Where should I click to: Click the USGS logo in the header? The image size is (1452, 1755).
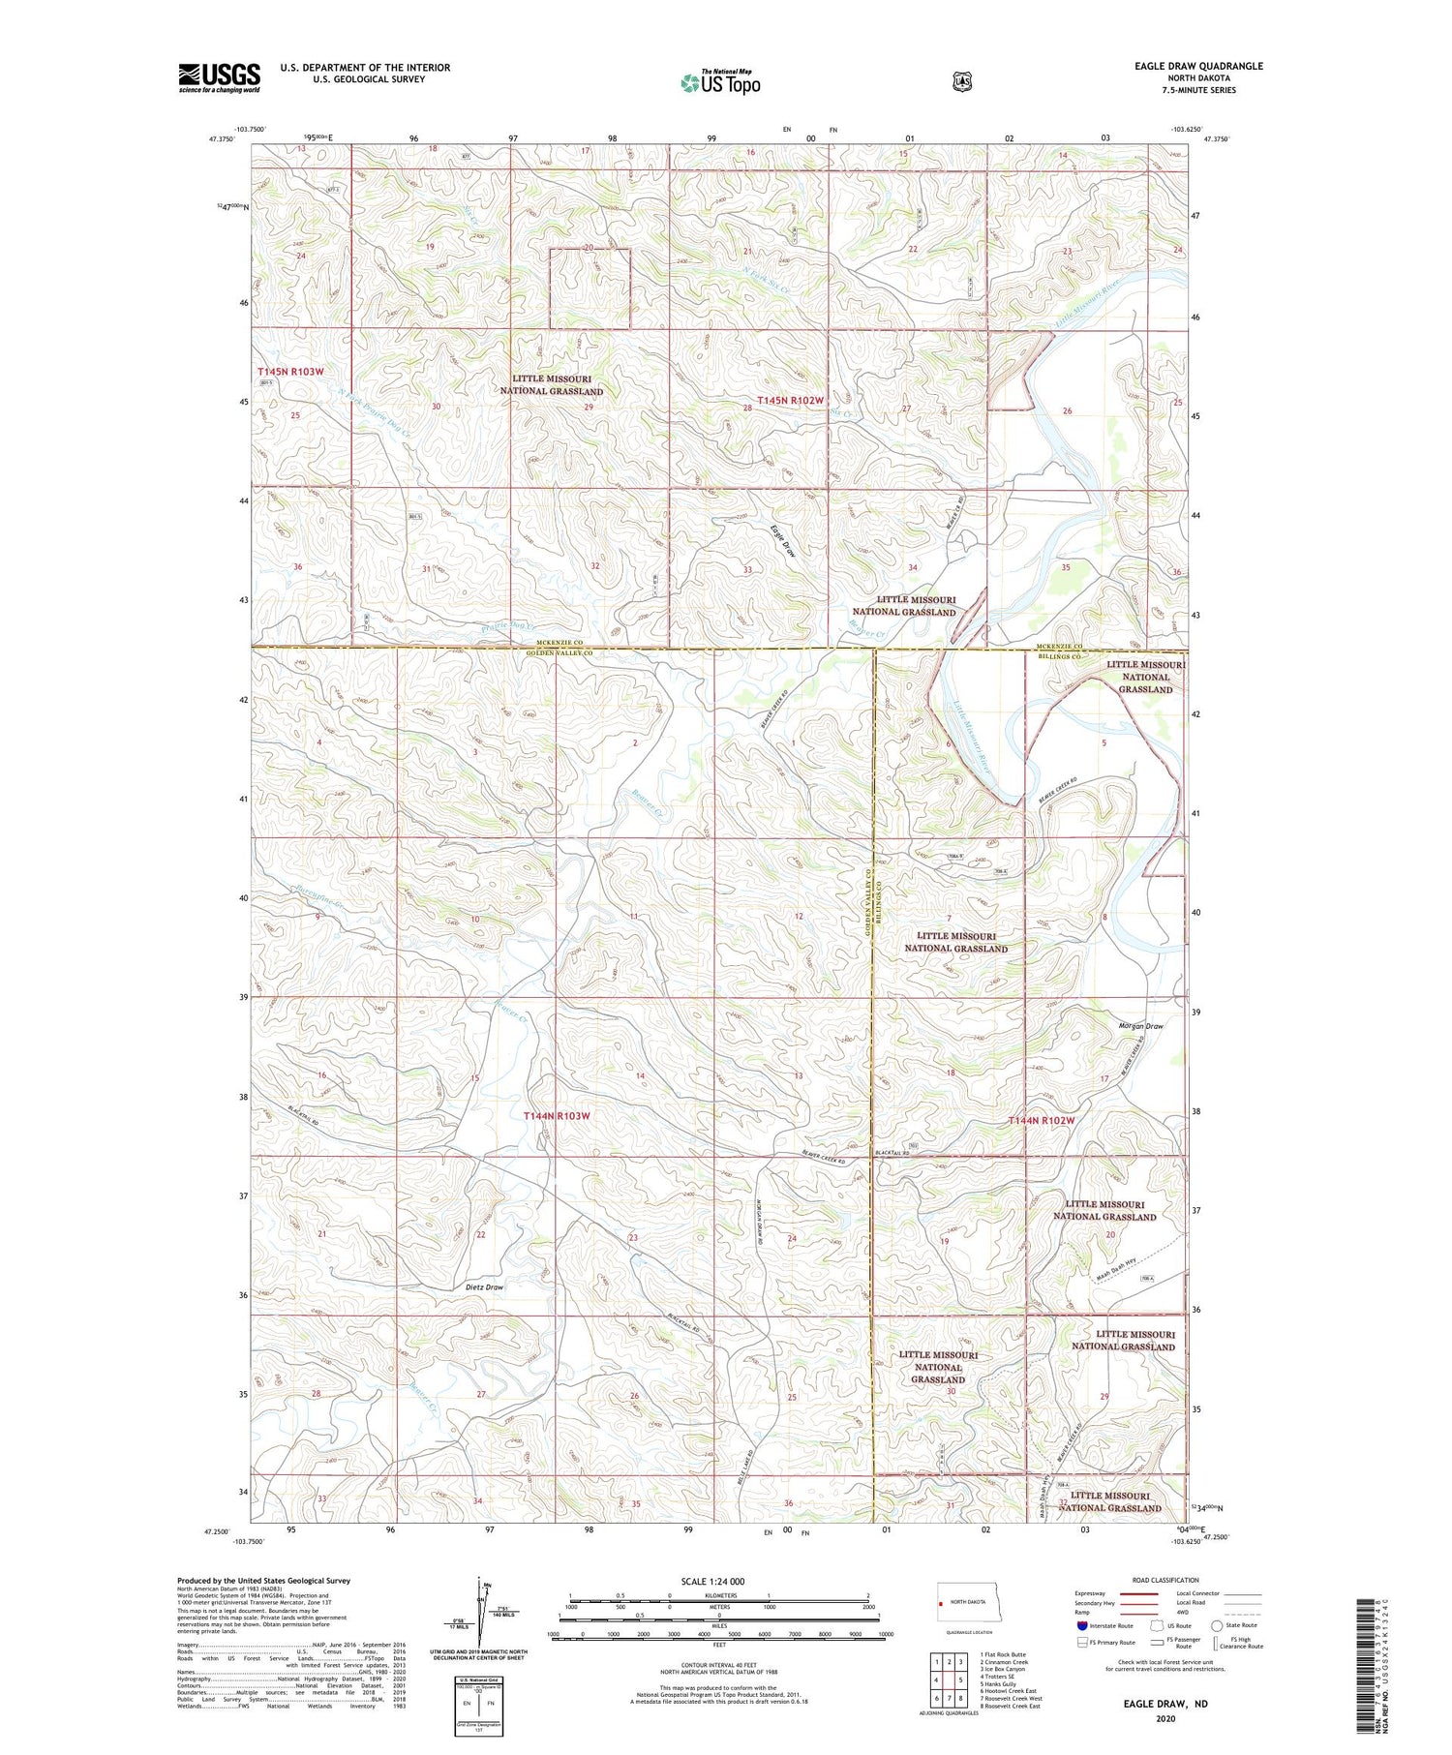click(x=219, y=77)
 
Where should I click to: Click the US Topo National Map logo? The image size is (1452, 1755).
click(x=720, y=82)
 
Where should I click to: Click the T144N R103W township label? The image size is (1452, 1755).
click(x=557, y=1116)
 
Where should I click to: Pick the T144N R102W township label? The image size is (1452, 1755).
click(x=1042, y=1120)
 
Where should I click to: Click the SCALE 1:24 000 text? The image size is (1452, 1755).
click(x=712, y=1581)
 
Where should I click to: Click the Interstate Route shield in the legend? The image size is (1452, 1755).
click(x=1082, y=1625)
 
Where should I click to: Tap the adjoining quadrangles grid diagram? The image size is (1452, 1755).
click(x=949, y=1679)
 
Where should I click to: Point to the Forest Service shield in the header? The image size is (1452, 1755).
click(x=961, y=82)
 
